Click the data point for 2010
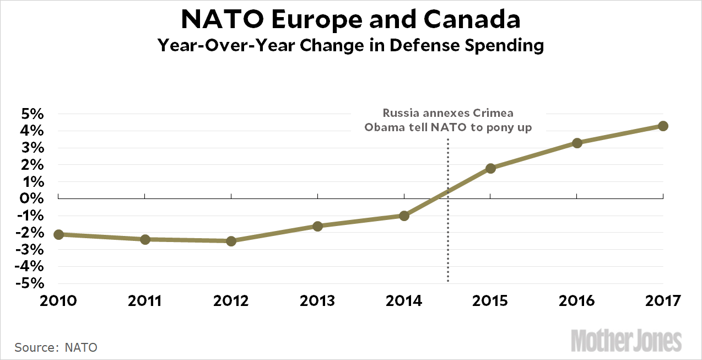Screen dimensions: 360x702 pyautogui.click(x=58, y=234)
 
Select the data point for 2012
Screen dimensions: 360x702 pyautogui.click(x=231, y=241)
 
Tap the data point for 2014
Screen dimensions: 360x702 pyautogui.click(x=404, y=216)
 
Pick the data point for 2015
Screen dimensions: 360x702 pyautogui.click(x=490, y=168)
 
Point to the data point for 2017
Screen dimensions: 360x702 pyautogui.click(x=663, y=126)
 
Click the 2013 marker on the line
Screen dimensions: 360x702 pyautogui.click(x=317, y=225)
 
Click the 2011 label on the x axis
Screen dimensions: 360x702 pyautogui.click(x=144, y=301)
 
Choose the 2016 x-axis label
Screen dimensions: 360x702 pyautogui.click(x=577, y=301)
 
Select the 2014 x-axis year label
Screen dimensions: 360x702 pyautogui.click(x=404, y=301)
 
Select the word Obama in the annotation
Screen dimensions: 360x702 pyautogui.click(x=382, y=127)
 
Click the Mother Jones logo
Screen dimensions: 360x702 pyautogui.click(x=626, y=340)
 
